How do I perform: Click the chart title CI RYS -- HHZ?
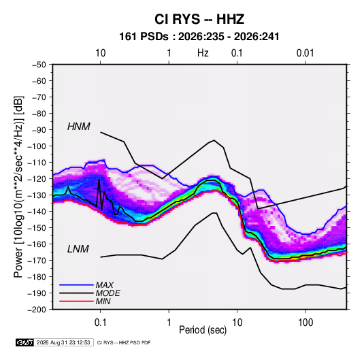(x=199, y=19)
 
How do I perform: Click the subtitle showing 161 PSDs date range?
(x=199, y=37)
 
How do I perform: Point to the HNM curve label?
(x=79, y=127)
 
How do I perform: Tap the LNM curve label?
(x=78, y=249)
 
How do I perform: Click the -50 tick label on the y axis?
(x=39, y=65)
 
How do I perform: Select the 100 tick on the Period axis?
(x=305, y=323)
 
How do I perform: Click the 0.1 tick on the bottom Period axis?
(x=100, y=323)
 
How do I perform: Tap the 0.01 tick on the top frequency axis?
(x=305, y=53)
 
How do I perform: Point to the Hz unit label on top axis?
(x=203, y=53)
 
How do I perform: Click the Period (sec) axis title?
(x=203, y=330)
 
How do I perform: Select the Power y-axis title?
(x=18, y=186)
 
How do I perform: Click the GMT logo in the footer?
(x=24, y=342)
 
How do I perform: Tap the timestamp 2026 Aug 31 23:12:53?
(x=63, y=342)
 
